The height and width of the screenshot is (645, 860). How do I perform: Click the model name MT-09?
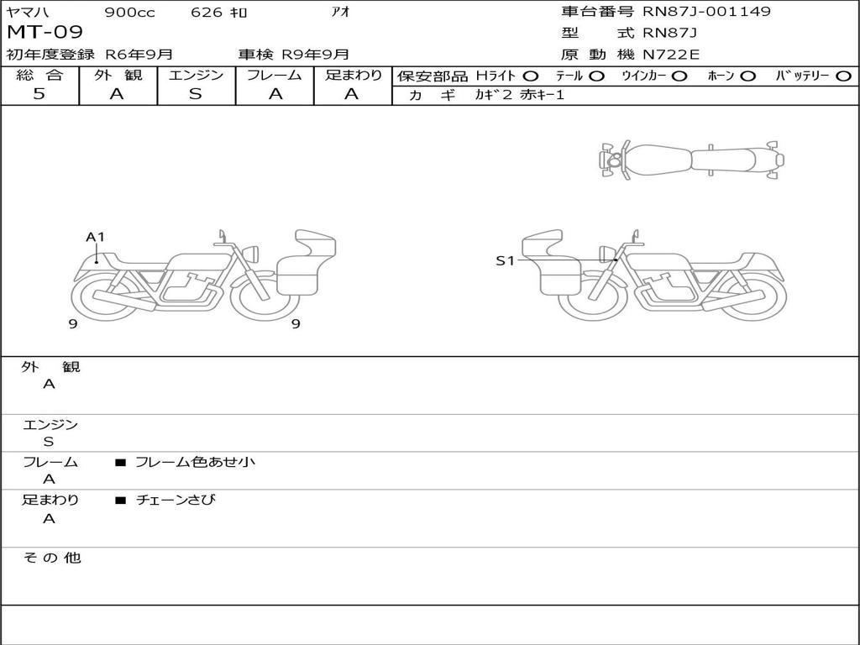click(45, 33)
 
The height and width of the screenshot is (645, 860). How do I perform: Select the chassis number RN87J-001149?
click(706, 11)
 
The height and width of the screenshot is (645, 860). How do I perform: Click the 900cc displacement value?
click(130, 13)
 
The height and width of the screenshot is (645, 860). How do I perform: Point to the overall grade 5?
click(39, 94)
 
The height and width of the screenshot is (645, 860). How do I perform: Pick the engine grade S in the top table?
click(196, 94)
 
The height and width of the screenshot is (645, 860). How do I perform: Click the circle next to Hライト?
click(531, 76)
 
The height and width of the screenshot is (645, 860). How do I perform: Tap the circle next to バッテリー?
click(843, 76)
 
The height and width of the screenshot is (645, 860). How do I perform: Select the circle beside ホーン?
click(747, 76)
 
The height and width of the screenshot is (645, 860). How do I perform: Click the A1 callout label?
click(95, 237)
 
